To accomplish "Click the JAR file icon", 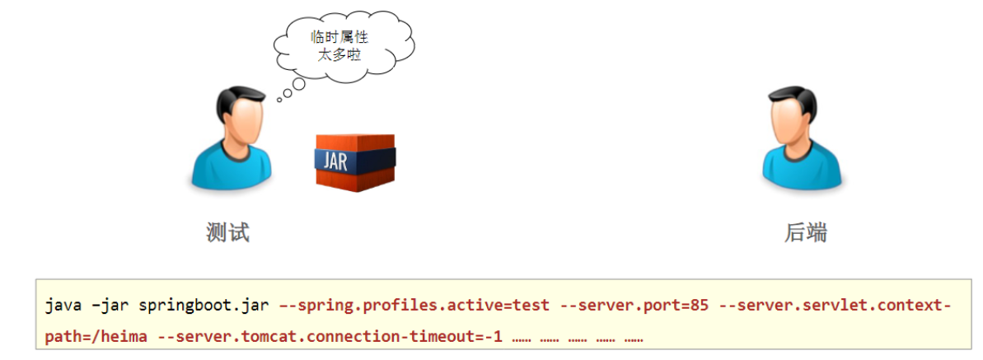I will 355,161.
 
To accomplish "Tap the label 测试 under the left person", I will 227,233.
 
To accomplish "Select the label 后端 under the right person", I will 805,233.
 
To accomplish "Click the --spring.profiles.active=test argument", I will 414,306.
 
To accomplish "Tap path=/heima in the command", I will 82,337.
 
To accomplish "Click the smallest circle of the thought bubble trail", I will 279,100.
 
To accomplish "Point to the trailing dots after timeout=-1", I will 577,338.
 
